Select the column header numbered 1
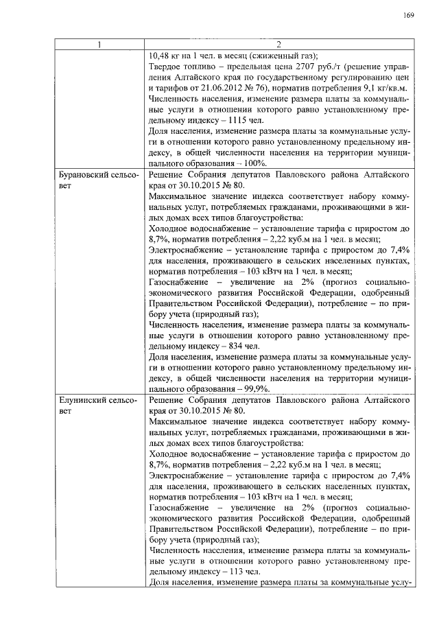[99, 46]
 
